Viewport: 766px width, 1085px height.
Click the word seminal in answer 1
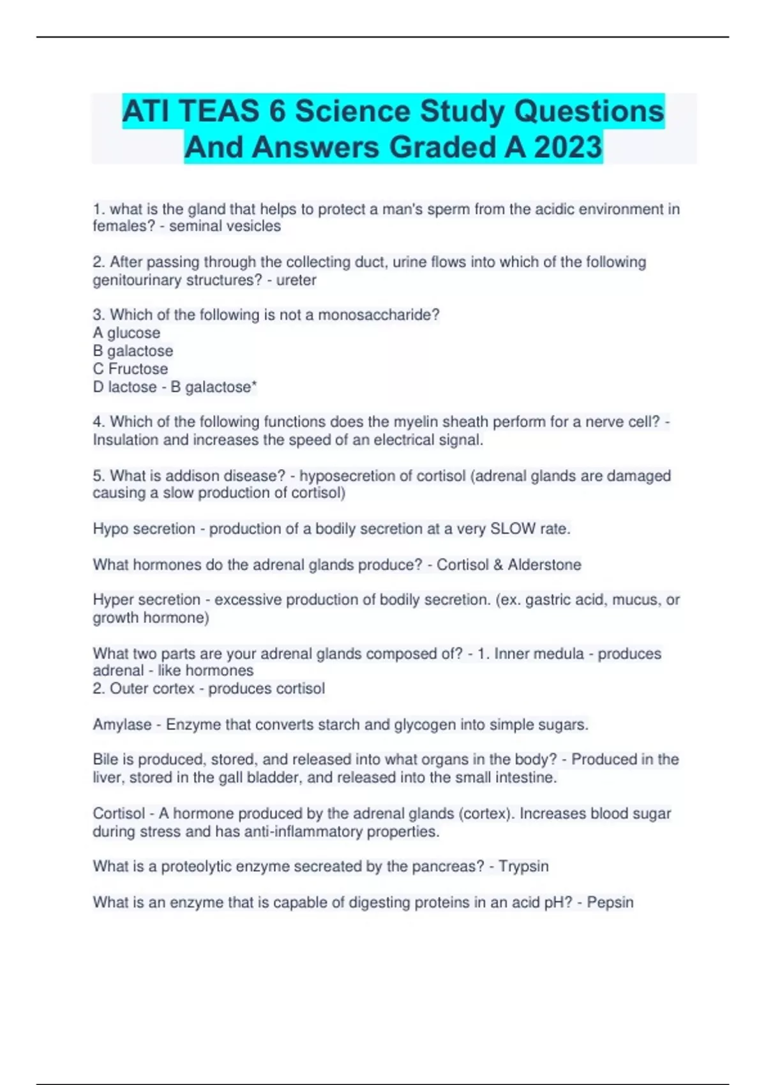click(194, 227)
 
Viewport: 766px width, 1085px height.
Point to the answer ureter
click(296, 280)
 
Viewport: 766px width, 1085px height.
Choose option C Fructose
click(131, 369)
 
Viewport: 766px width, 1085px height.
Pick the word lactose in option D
click(132, 387)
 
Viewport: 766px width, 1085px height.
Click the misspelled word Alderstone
click(544, 565)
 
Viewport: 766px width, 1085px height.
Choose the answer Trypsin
click(523, 867)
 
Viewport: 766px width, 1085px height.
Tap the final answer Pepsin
click(610, 902)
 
